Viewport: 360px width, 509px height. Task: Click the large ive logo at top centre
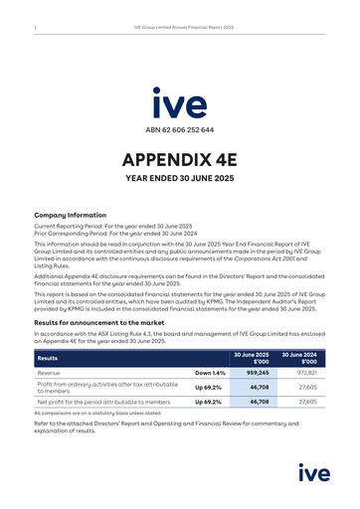(x=180, y=103)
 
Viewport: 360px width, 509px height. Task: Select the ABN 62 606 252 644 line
(x=180, y=130)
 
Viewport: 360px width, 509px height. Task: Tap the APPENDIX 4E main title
(x=180, y=160)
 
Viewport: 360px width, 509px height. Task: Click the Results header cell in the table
(x=48, y=358)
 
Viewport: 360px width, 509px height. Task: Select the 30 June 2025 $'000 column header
(x=251, y=358)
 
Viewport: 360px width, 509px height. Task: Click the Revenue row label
(x=50, y=373)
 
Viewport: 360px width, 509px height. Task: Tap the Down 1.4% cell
(x=210, y=373)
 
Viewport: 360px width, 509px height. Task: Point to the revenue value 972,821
(x=305, y=373)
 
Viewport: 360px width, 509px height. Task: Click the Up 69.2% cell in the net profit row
(x=207, y=402)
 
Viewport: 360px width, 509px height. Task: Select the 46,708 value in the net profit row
(x=259, y=402)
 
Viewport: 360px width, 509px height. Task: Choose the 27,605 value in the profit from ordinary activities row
(x=307, y=387)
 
